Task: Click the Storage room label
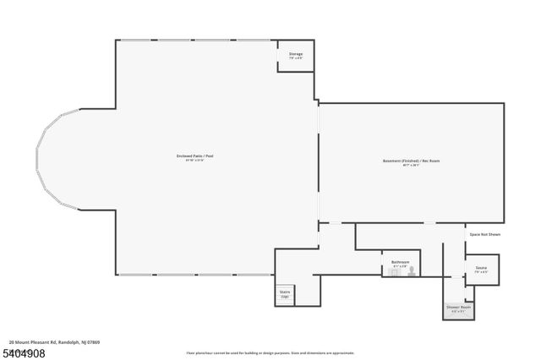296,54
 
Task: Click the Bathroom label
400,262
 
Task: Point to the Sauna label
480,268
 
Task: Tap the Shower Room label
459,307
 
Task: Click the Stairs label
285,292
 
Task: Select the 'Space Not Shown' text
484,234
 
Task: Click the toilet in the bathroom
413,271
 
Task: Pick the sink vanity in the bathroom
395,271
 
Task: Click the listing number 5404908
24,352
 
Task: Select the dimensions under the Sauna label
480,272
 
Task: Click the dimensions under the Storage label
296,58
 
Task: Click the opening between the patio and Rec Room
318,161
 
